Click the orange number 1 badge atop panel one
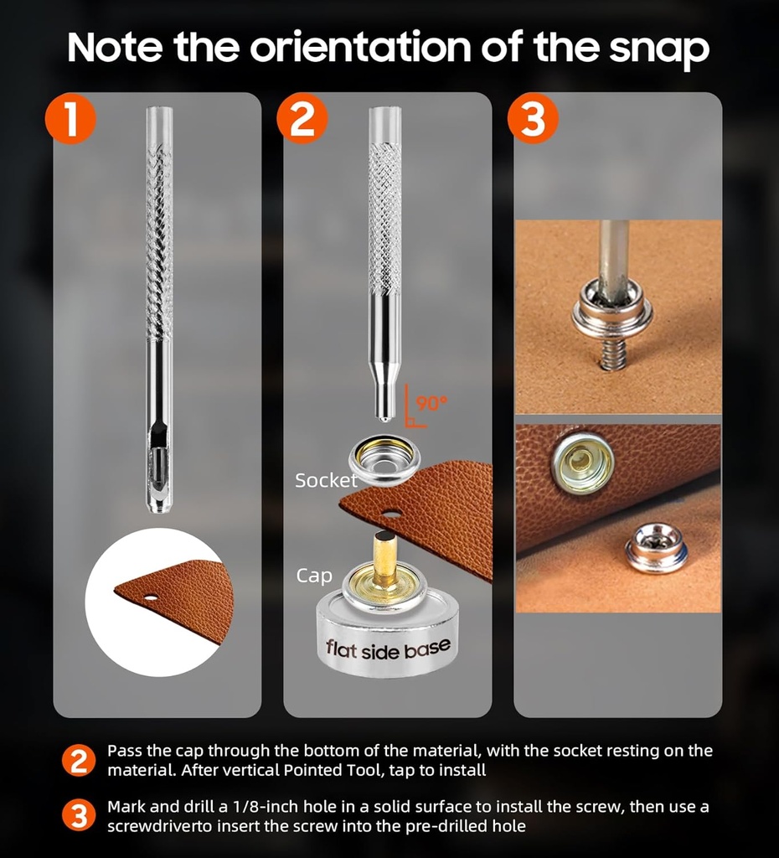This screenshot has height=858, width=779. point(70,119)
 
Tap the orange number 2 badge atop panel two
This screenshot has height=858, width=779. point(302,119)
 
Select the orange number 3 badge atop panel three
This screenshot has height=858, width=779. point(533,119)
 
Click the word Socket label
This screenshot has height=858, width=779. point(326,480)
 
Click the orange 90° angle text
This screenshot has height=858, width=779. point(431,403)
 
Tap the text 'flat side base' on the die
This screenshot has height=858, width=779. point(388,649)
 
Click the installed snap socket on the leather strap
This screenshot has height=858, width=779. point(583,463)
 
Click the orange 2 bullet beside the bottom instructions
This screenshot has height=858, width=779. point(79,760)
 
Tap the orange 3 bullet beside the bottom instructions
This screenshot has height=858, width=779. point(79,816)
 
